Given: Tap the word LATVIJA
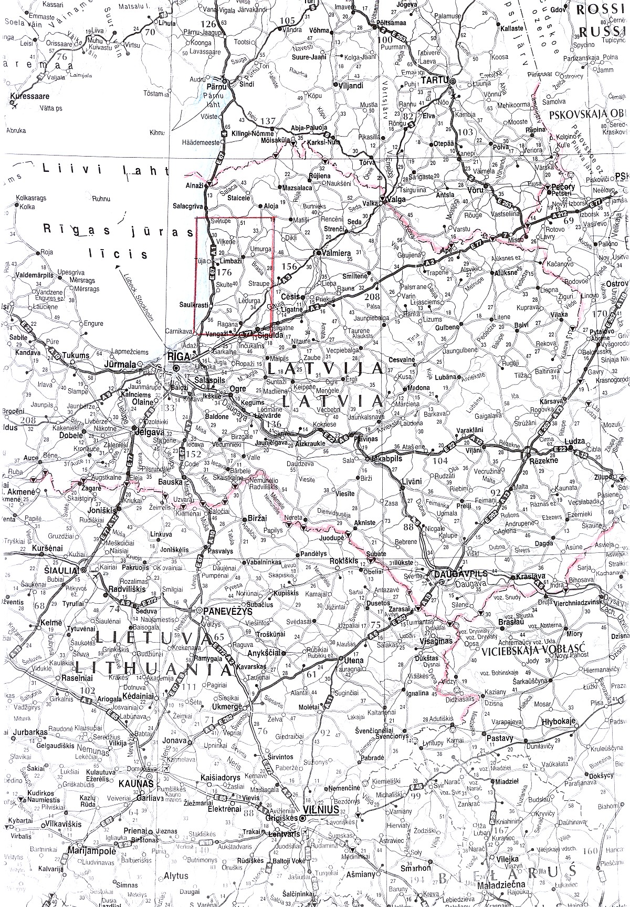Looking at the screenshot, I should pyautogui.click(x=324, y=368).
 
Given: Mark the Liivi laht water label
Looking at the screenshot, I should pyautogui.click(x=105, y=170).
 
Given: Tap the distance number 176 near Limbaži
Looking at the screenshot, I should pyautogui.click(x=224, y=257).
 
